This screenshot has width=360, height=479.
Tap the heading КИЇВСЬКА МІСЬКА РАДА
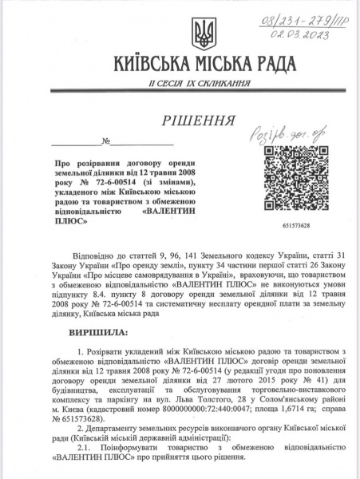coord(200,63)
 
